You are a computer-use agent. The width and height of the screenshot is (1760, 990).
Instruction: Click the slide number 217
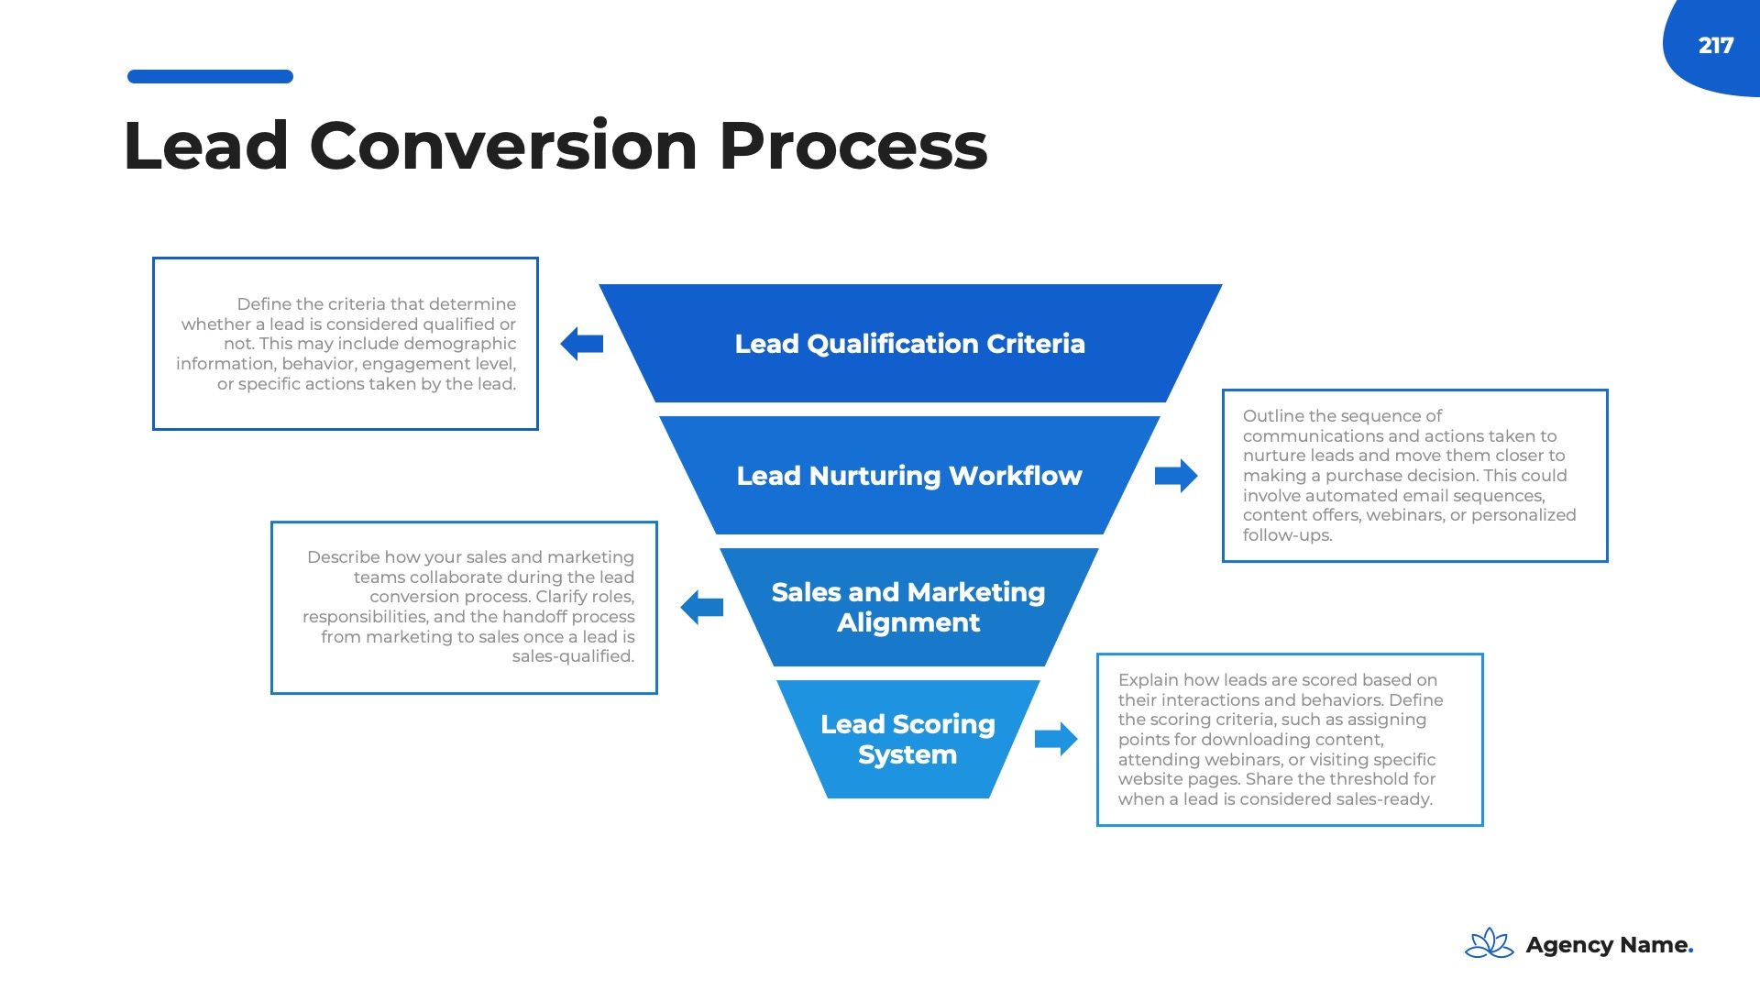pyautogui.click(x=1715, y=45)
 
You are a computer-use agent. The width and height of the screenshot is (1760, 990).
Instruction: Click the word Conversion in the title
pyautogui.click(x=503, y=146)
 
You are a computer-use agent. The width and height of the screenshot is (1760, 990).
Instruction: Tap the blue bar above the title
pyautogui.click(x=210, y=77)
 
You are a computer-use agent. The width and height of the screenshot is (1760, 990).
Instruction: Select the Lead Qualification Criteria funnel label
pyautogui.click(x=909, y=344)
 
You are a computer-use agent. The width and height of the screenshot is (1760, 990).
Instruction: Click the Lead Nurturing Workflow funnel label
pyautogui.click(x=909, y=476)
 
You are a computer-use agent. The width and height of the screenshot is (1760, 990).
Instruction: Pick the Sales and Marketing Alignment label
pyautogui.click(x=908, y=607)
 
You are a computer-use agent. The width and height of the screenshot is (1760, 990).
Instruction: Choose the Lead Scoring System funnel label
pyautogui.click(x=907, y=739)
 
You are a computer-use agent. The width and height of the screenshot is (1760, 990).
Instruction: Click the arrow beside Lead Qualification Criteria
pyautogui.click(x=582, y=344)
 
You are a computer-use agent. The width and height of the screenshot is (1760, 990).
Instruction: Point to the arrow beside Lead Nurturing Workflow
pyautogui.click(x=1176, y=476)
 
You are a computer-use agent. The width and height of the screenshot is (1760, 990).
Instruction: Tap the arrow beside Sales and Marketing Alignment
pyautogui.click(x=702, y=607)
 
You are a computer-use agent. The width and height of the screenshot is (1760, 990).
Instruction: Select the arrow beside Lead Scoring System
pyautogui.click(x=1056, y=739)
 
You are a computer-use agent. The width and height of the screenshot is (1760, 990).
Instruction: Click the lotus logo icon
pyautogui.click(x=1490, y=943)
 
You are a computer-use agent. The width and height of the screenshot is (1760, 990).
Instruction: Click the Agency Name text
pyautogui.click(x=1609, y=945)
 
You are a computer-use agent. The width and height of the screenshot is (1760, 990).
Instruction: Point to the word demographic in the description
pyautogui.click(x=459, y=344)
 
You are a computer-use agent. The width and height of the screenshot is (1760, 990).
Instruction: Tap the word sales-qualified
pyautogui.click(x=573, y=656)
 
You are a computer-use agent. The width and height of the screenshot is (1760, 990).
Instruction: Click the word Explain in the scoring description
pyautogui.click(x=1148, y=680)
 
